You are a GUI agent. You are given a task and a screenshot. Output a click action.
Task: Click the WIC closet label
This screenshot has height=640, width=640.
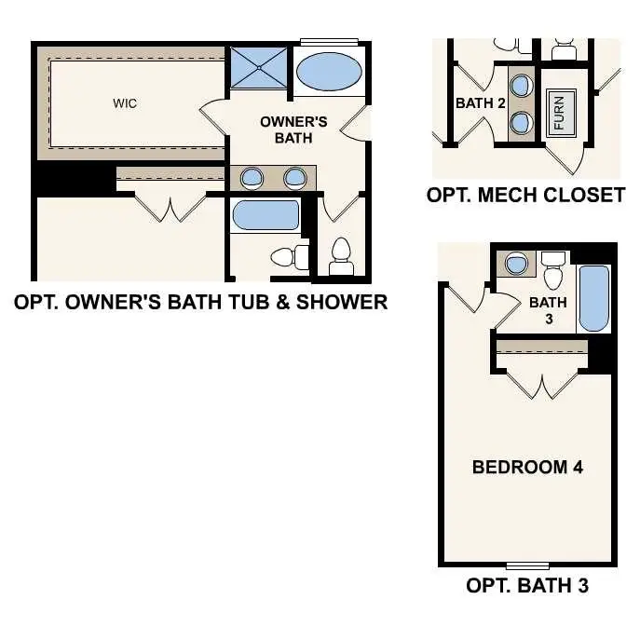click(125, 103)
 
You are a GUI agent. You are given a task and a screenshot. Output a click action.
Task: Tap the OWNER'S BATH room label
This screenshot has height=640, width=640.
click(293, 129)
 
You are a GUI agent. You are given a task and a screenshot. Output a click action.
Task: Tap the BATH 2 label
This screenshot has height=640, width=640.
click(480, 103)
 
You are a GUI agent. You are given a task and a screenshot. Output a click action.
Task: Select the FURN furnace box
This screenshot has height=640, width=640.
click(560, 115)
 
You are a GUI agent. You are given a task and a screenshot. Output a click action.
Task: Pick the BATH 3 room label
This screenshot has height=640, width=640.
click(548, 309)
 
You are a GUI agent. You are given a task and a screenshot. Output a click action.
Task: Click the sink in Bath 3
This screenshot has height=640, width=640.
click(515, 265)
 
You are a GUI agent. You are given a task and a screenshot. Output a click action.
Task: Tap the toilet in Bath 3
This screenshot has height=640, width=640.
click(554, 272)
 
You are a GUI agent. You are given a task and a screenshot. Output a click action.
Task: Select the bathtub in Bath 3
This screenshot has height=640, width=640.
click(593, 298)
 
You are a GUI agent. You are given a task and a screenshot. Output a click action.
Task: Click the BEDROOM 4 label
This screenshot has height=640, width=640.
click(527, 467)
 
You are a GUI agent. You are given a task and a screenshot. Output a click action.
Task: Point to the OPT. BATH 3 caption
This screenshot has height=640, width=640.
click(526, 586)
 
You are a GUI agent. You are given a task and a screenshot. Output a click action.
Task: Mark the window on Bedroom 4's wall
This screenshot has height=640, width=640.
click(527, 565)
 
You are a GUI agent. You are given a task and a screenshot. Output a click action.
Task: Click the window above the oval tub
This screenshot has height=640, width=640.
click(329, 40)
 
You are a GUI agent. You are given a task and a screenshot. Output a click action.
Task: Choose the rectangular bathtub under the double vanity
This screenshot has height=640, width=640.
click(266, 215)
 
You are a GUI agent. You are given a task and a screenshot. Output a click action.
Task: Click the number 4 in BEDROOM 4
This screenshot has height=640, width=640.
click(578, 467)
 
